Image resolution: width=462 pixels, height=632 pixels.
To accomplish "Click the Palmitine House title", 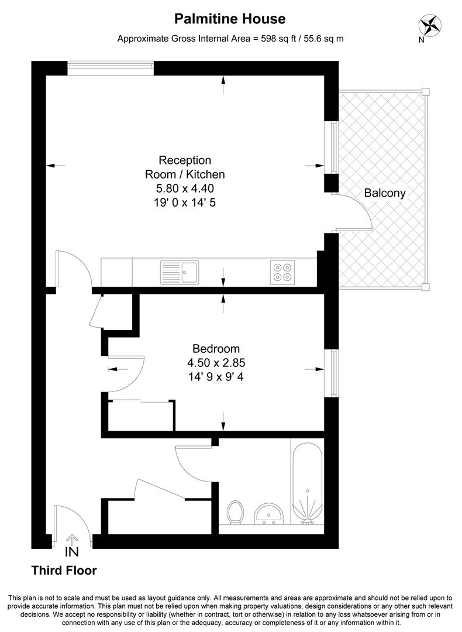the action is coord(230,19).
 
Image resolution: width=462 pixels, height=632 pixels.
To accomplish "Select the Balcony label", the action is coord(385,193).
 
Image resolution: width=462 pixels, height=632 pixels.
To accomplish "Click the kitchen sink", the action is coord(180,272).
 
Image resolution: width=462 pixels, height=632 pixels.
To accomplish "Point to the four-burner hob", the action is coord(282,272).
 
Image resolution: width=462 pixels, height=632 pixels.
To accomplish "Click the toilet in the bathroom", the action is coord(235,512).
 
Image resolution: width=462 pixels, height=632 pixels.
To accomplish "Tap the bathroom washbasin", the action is coord(269,514).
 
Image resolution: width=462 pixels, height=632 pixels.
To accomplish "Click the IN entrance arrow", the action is coord(72,540).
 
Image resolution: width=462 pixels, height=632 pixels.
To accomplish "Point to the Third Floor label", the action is coord(64,571).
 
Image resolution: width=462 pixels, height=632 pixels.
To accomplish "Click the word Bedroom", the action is coord(216,349).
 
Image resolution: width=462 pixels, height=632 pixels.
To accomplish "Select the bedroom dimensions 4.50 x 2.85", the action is coord(216,363).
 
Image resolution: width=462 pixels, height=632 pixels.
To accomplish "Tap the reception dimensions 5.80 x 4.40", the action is coord(185,188).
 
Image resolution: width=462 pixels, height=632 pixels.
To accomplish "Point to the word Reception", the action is coord(185,160).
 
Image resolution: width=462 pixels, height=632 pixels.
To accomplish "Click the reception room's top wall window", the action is coord(111,68).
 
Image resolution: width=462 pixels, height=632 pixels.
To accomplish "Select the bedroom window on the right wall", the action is coord(332,373).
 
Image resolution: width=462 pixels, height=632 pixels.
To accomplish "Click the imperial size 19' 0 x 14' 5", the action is coord(185,202).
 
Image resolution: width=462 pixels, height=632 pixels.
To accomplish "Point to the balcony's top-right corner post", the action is coord(425,92).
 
